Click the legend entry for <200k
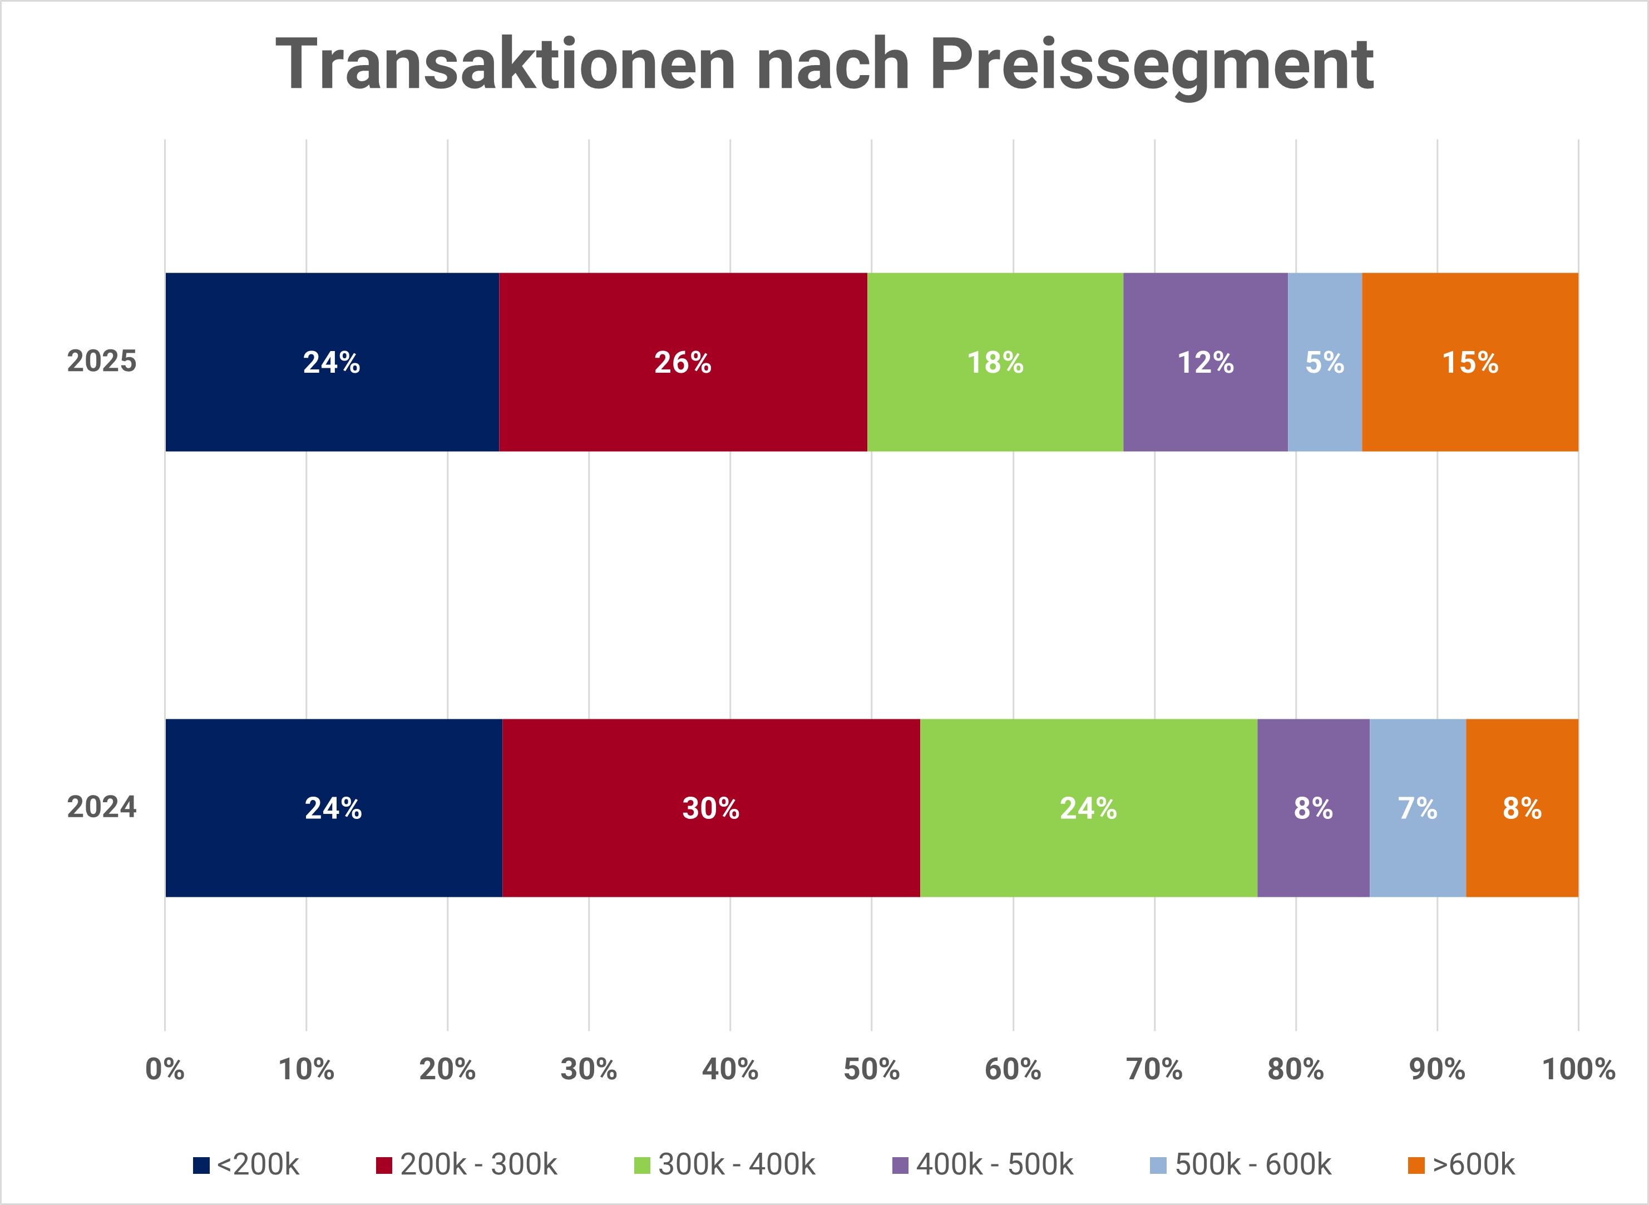coord(246,1165)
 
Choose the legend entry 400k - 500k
coord(983,1165)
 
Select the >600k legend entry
coord(1462,1165)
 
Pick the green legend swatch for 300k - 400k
coord(642,1166)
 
